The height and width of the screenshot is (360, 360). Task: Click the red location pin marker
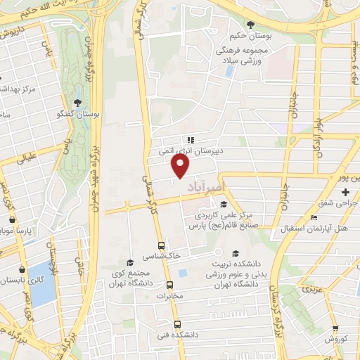tap(181, 166)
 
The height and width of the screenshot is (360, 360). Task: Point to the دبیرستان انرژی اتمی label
tap(188, 150)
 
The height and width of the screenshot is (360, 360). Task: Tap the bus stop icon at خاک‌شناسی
tap(162, 246)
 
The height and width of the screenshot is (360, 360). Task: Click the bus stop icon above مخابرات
tap(169, 285)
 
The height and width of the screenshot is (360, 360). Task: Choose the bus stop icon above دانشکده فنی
tap(176, 325)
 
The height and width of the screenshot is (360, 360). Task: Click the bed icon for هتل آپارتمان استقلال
tap(314, 219)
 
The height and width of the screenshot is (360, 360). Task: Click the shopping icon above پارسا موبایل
tap(11, 219)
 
